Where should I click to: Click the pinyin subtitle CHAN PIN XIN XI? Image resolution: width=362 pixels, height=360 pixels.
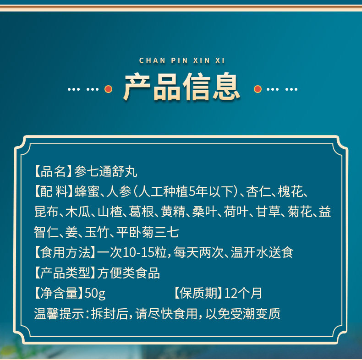[x=182, y=60]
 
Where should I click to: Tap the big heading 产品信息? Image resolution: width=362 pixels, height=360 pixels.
[x=182, y=87]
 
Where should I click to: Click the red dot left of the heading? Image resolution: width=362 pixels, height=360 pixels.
[x=108, y=89]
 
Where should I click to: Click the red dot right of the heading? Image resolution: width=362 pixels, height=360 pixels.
[x=258, y=89]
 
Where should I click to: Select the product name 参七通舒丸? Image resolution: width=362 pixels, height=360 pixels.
[x=106, y=171]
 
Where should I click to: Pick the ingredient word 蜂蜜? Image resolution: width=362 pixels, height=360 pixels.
[x=87, y=191]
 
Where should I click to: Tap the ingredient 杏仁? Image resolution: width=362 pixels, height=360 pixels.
[x=258, y=191]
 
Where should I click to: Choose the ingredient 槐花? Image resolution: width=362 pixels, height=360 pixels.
[x=290, y=191]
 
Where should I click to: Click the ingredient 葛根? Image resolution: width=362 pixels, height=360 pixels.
[x=141, y=212]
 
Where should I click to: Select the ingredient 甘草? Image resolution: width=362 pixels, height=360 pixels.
[x=268, y=212]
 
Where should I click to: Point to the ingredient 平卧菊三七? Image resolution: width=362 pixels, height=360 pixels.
[x=148, y=232]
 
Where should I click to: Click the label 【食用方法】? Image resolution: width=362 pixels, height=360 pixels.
[x=66, y=252]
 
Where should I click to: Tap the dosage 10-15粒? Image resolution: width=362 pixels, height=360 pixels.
[x=145, y=252]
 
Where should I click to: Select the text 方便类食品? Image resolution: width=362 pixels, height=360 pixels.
[x=129, y=273]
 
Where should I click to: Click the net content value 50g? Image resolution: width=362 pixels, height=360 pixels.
[x=95, y=294]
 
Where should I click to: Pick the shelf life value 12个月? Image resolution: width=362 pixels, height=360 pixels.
[x=243, y=293]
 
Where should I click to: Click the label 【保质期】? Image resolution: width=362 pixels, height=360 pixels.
[x=198, y=293]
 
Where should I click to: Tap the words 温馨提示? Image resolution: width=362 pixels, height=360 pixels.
[x=59, y=314]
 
